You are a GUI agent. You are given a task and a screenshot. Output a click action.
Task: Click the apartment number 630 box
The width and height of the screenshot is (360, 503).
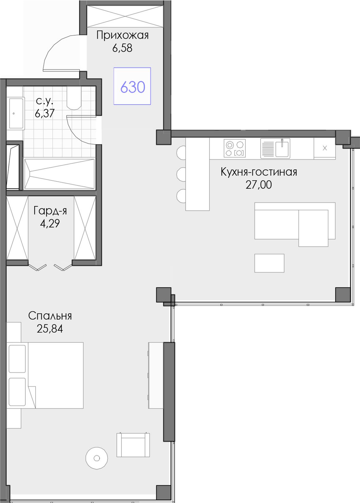click(132, 86)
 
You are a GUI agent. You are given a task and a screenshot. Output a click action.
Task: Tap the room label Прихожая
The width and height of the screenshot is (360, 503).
click(122, 35)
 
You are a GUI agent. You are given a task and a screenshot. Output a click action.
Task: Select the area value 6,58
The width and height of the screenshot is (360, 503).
click(122, 48)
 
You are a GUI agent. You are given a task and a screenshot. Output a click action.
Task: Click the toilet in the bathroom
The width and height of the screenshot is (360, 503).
click(74, 98)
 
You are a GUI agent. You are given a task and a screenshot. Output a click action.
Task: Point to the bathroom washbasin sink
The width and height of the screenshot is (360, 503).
click(16, 113)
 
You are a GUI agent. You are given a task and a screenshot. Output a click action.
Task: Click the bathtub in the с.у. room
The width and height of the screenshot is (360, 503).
click(59, 174)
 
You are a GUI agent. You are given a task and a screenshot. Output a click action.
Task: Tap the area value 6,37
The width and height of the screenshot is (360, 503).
click(45, 113)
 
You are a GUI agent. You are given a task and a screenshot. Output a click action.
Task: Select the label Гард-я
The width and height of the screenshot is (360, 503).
click(50, 211)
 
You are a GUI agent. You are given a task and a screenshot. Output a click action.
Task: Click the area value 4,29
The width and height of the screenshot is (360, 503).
click(50, 223)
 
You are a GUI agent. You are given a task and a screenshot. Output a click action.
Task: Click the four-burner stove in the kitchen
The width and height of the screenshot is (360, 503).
click(235, 148)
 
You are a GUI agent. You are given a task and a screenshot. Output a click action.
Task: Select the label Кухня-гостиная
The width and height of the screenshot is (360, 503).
click(259, 172)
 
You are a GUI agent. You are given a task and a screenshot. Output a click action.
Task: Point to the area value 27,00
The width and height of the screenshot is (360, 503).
click(259, 185)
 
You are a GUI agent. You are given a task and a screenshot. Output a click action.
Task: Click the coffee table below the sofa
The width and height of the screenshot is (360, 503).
click(269, 263)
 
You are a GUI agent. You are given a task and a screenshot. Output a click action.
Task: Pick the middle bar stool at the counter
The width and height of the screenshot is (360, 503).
click(181, 175)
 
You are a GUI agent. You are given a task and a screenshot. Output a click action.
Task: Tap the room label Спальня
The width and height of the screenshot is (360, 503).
click(50, 316)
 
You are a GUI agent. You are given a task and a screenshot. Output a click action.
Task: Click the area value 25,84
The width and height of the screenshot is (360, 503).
click(50, 329)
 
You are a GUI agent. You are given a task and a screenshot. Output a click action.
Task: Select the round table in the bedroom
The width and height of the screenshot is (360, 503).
click(97, 458)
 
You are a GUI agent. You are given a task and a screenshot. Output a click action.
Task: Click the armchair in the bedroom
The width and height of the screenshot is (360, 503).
click(133, 444)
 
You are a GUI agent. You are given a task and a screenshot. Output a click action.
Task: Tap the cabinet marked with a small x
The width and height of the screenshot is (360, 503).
click(325, 148)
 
